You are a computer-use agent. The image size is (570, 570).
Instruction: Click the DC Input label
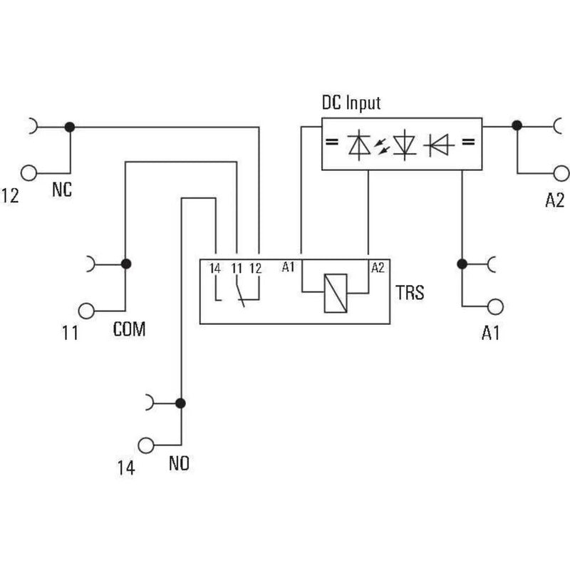pos(351,103)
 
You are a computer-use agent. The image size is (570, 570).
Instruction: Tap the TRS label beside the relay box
pos(410,293)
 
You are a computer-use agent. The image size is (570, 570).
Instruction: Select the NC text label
pos(62,190)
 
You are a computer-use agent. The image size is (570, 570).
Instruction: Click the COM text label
pos(129,329)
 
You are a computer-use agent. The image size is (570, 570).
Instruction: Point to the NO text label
pos(179,464)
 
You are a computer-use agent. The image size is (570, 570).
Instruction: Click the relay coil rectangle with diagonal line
pos(336,293)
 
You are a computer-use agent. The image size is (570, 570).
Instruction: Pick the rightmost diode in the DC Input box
pos(439,145)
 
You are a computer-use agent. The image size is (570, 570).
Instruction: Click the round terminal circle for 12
pos(28,173)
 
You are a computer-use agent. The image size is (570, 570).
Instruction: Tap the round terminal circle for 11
pos(86,311)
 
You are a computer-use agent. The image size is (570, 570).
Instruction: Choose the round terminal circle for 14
pos(146,445)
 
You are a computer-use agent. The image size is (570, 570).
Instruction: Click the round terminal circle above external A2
pos(561,173)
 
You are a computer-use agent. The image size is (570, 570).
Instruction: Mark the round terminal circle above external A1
pos(495,307)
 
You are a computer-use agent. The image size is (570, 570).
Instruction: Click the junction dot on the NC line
pos(69,128)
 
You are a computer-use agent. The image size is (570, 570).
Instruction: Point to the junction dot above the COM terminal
pos(126,264)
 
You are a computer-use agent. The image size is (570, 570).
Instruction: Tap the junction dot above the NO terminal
pos(180,403)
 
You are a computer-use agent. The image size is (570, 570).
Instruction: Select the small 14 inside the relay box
pos(215,269)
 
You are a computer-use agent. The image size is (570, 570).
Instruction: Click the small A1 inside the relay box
pos(288,267)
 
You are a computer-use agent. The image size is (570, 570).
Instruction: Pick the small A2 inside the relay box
pos(378,268)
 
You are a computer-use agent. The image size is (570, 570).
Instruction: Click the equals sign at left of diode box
pos(331,142)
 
